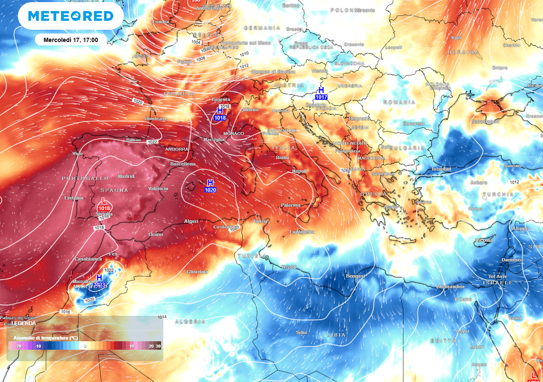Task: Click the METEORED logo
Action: click(71, 16)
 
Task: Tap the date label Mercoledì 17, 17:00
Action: click(71, 40)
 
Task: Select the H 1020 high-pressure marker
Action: click(210, 186)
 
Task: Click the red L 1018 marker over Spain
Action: click(104, 205)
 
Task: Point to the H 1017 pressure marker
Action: click(321, 93)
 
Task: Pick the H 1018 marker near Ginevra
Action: click(220, 114)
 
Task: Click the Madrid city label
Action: click(126, 176)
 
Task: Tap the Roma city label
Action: click(282, 158)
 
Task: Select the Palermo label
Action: click(290, 205)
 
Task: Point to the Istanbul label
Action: click(441, 169)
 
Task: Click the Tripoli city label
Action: click(288, 267)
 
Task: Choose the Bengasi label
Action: click(355, 276)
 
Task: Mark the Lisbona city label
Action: click(74, 198)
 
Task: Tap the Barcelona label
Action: click(183, 164)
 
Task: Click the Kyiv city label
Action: click(456, 38)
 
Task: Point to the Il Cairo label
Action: click(462, 299)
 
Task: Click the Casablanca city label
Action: click(88, 259)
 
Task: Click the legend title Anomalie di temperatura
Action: click(45, 337)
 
